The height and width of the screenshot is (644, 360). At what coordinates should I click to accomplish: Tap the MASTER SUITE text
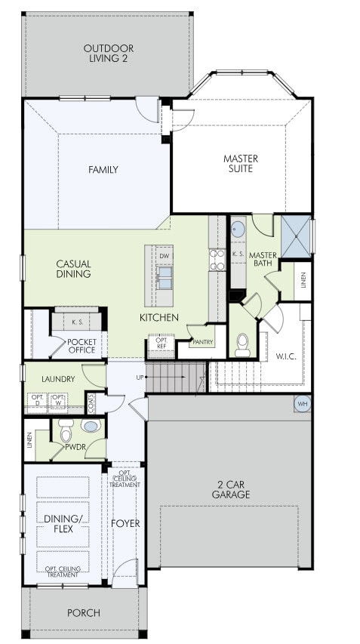tap(241, 163)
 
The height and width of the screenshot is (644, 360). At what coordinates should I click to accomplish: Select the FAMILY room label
tap(103, 170)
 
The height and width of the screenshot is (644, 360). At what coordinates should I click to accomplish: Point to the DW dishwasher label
tap(164, 256)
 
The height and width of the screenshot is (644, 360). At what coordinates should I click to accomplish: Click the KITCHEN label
tap(158, 318)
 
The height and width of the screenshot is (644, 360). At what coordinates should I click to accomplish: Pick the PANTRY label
tap(202, 342)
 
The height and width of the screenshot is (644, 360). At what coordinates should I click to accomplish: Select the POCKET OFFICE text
tap(82, 345)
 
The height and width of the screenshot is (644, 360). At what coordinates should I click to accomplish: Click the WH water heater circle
tap(303, 404)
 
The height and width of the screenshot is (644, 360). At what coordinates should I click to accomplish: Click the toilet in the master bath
tap(242, 345)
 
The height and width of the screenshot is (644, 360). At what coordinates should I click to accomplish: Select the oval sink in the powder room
tap(91, 427)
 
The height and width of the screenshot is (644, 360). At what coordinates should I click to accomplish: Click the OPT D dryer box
tap(36, 400)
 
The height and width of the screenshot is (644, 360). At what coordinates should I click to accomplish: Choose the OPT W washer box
tap(58, 400)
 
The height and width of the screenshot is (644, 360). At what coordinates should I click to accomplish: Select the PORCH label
tap(84, 613)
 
